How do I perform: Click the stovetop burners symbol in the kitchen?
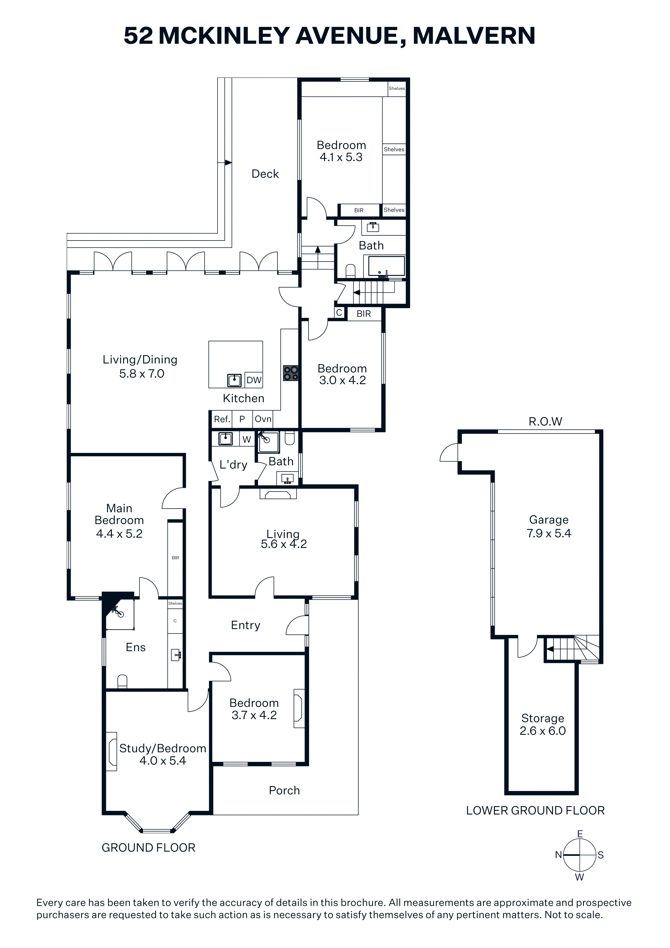pyautogui.click(x=291, y=373)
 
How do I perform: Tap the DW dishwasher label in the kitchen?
pyautogui.click(x=254, y=380)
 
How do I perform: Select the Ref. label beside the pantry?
pyautogui.click(x=222, y=419)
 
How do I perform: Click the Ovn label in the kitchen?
pyautogui.click(x=263, y=419)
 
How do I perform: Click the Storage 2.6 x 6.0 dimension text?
pyautogui.click(x=542, y=731)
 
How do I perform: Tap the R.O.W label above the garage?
pyautogui.click(x=545, y=422)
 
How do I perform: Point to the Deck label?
pyautogui.click(x=265, y=174)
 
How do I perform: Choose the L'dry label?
pyautogui.click(x=233, y=465)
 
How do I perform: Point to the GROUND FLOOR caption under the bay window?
pyautogui.click(x=148, y=848)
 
